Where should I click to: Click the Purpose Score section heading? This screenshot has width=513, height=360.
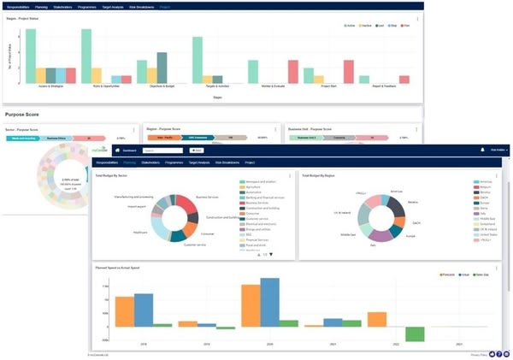point(25,114)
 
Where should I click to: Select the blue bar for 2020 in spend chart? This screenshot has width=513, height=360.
point(270,302)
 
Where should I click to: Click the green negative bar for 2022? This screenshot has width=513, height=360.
point(415,333)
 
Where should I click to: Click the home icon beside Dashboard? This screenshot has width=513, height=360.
point(117,150)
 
